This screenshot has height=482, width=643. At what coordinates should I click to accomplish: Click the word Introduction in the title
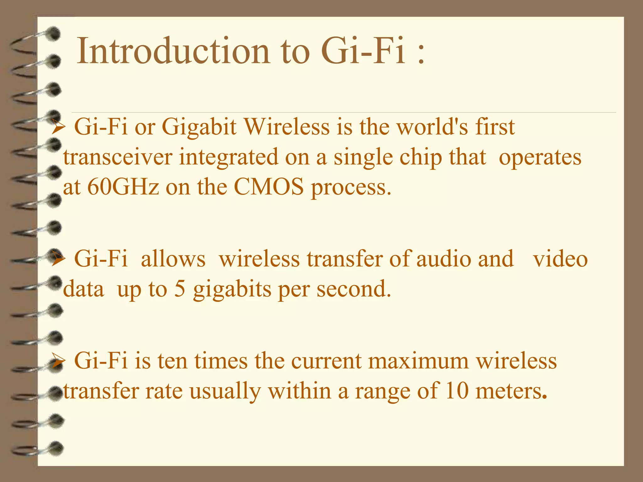[173, 51]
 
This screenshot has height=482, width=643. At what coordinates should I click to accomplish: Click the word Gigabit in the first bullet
[199, 127]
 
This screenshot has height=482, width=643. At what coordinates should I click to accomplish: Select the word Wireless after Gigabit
[287, 127]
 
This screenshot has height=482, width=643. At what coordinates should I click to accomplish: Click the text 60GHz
[123, 187]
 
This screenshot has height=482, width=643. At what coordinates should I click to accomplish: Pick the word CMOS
[269, 187]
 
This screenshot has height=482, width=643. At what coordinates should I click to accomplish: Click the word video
[560, 259]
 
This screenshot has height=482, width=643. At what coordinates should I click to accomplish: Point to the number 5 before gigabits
[180, 289]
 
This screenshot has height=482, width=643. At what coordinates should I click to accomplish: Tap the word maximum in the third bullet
[419, 361]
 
